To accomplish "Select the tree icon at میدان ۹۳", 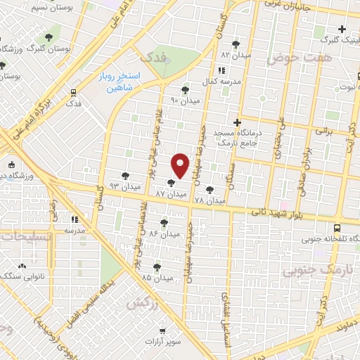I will point(126,176).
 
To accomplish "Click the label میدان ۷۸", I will point(210,200).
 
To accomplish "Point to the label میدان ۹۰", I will point(185,101).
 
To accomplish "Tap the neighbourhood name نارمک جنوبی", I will point(311,269).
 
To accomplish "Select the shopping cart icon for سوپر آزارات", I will point(162,328).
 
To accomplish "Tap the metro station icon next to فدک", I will point(72,91).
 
